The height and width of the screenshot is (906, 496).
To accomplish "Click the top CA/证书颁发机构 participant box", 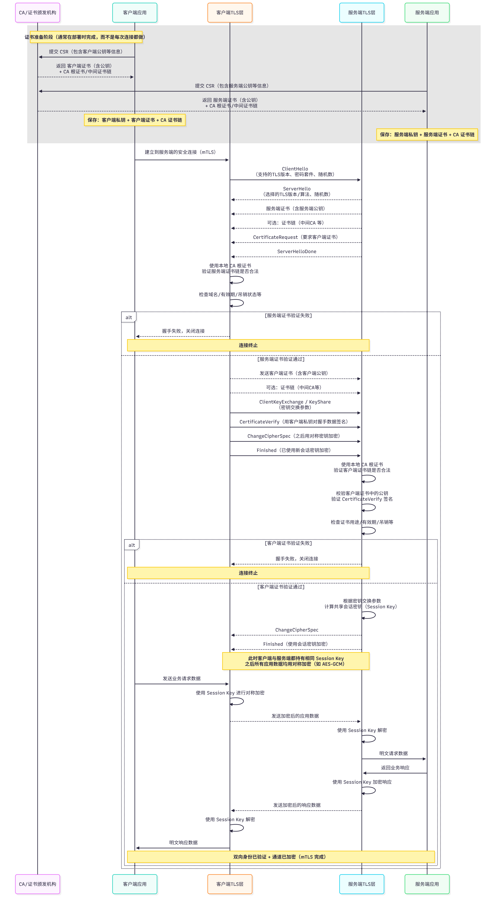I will click(38, 13).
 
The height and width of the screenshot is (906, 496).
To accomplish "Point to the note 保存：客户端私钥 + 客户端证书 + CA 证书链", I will click(135, 120).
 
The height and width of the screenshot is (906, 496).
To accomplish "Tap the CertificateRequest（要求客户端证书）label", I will click(295, 237).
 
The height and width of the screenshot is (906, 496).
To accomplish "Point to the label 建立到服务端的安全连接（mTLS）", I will click(180, 152).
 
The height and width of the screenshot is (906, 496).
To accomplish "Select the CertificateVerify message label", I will click(294, 422).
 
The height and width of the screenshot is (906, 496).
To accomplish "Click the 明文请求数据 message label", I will click(393, 753).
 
